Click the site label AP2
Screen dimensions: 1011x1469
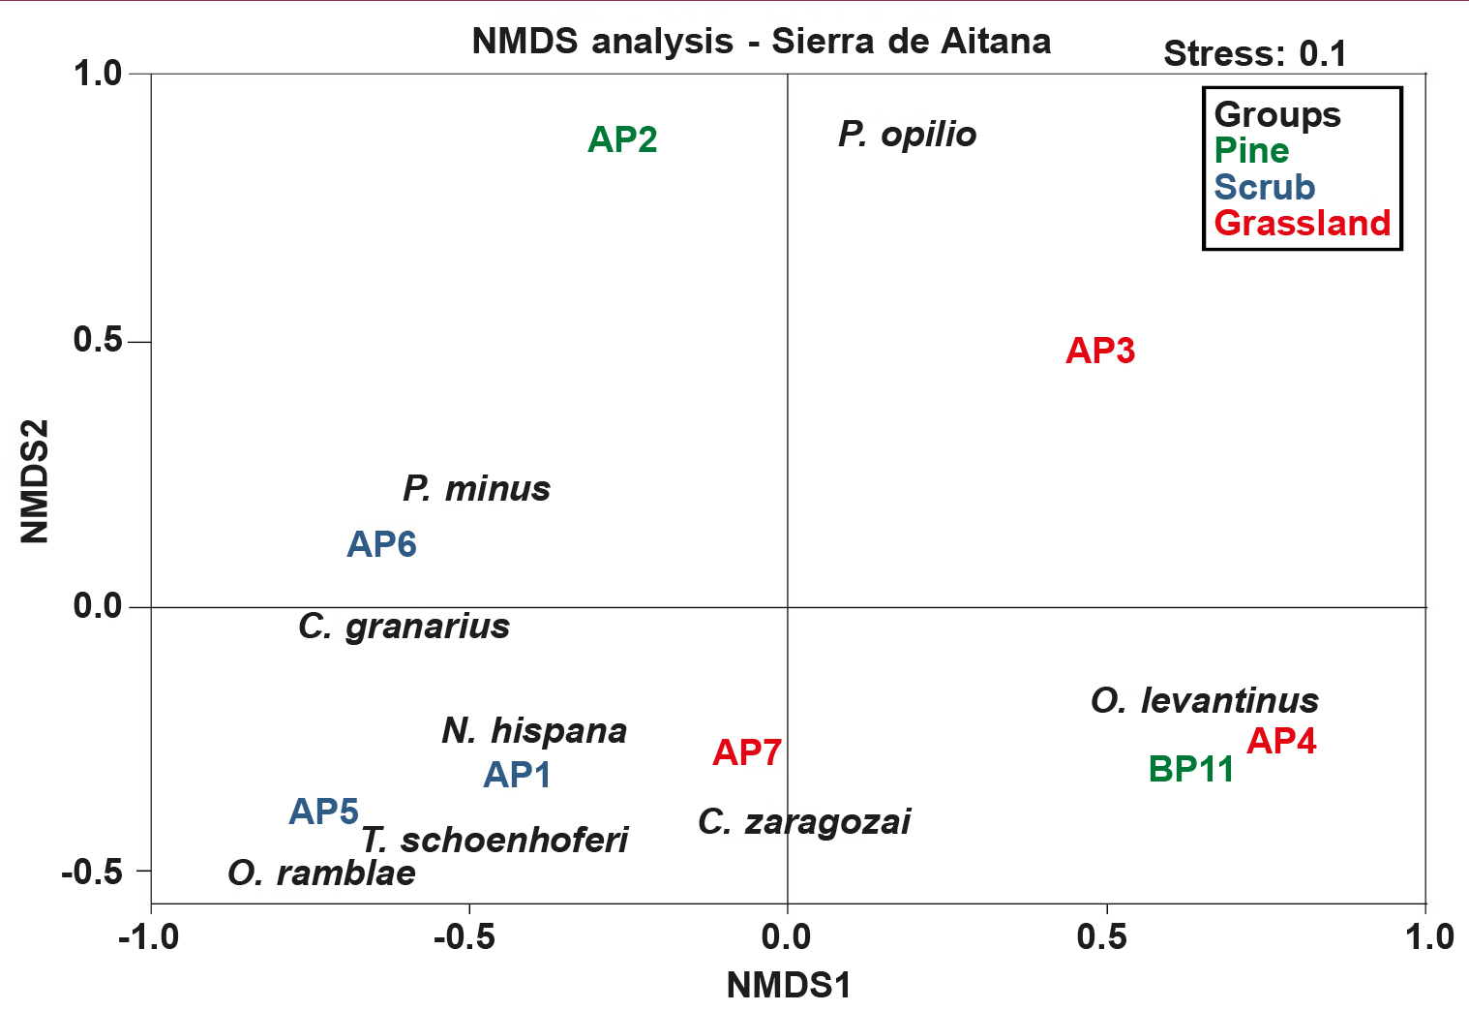622,140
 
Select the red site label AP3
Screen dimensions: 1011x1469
1100,351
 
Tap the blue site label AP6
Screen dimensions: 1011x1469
381,545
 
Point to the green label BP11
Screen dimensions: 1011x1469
1191,770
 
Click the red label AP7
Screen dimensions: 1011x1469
747,752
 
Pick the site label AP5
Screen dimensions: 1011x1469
324,812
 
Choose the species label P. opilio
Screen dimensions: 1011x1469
907,135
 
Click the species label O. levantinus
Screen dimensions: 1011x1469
1204,700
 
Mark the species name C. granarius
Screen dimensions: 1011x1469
404,627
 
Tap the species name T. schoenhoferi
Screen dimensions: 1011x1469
495,840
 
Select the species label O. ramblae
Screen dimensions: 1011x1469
321,873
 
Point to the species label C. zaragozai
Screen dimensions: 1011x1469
804,822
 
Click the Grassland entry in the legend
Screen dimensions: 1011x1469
1302,224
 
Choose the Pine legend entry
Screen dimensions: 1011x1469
1251,151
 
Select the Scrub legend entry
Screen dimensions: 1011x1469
1264,187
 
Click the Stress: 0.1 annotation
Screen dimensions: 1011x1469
1254,54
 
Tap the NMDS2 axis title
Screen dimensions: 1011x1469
35,481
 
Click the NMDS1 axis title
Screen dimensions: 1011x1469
789,986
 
